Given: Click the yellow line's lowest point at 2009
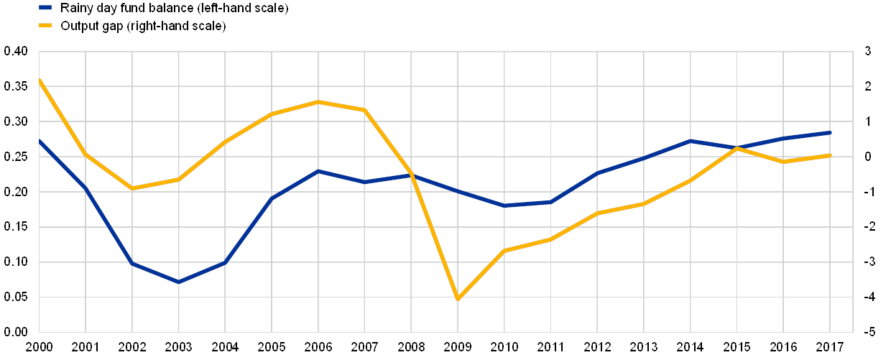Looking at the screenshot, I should point(458,299).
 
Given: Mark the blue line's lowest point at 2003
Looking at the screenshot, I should point(178,282).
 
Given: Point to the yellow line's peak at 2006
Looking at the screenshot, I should point(318,102).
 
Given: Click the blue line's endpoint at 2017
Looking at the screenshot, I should point(830,133).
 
